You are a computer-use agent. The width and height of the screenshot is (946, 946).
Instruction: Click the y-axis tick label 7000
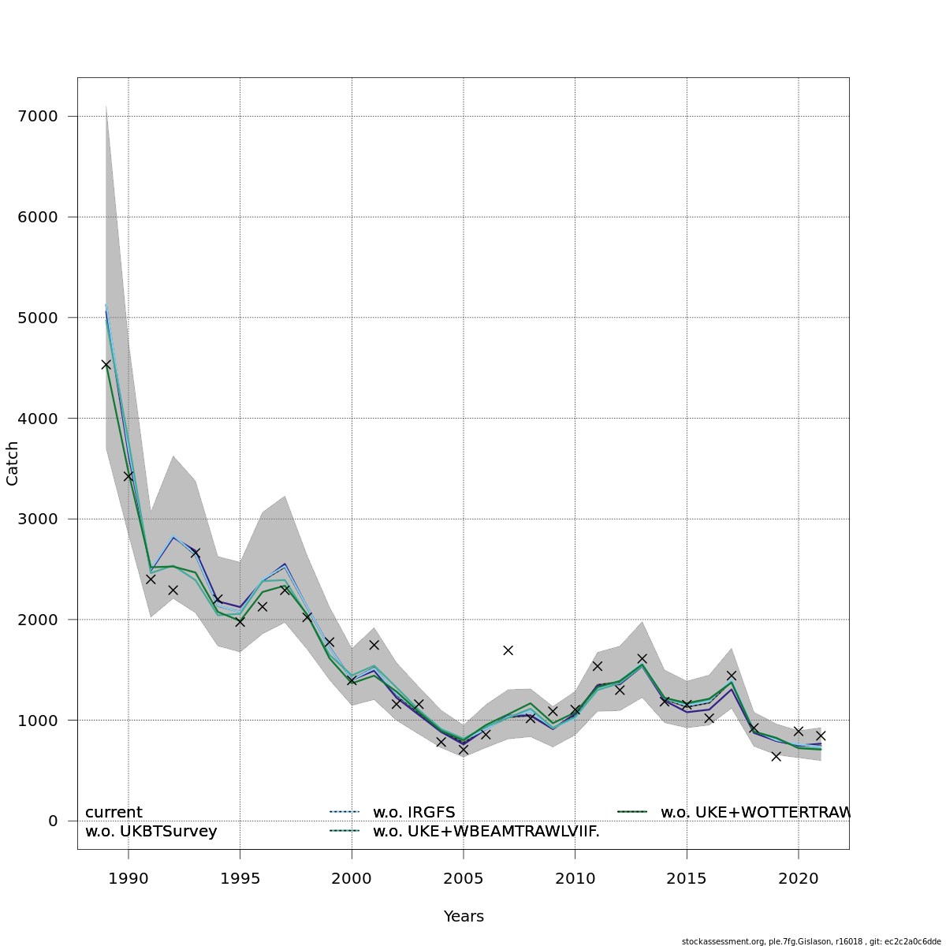(x=37, y=117)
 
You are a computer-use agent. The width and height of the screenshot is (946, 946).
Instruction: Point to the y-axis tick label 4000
(x=37, y=419)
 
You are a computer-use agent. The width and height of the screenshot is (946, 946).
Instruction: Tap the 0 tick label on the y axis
(x=53, y=821)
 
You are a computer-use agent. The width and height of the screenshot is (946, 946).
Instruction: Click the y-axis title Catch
(x=13, y=464)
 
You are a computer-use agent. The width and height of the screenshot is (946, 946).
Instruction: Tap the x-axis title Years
(x=464, y=917)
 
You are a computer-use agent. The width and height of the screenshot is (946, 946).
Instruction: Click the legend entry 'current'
(x=114, y=813)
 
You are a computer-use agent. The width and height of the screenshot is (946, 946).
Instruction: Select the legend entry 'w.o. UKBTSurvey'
(x=151, y=832)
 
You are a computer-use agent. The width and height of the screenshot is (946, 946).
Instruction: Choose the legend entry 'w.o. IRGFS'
(x=414, y=813)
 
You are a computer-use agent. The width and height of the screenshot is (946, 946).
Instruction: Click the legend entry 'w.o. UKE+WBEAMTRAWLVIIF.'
(x=486, y=832)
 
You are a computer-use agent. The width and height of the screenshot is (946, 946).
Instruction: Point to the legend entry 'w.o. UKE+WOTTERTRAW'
(x=754, y=813)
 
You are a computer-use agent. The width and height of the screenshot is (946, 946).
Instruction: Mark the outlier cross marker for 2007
(x=508, y=650)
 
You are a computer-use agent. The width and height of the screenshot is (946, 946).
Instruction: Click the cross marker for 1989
(x=106, y=364)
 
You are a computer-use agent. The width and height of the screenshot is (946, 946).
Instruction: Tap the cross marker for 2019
(x=776, y=756)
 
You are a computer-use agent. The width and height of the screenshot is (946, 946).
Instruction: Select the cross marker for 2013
(x=642, y=658)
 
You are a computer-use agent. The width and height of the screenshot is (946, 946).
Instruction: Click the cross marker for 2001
(x=374, y=645)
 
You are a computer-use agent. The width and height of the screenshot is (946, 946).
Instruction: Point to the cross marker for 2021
(x=821, y=736)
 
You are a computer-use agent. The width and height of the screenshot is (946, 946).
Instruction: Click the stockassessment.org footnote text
(x=811, y=941)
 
